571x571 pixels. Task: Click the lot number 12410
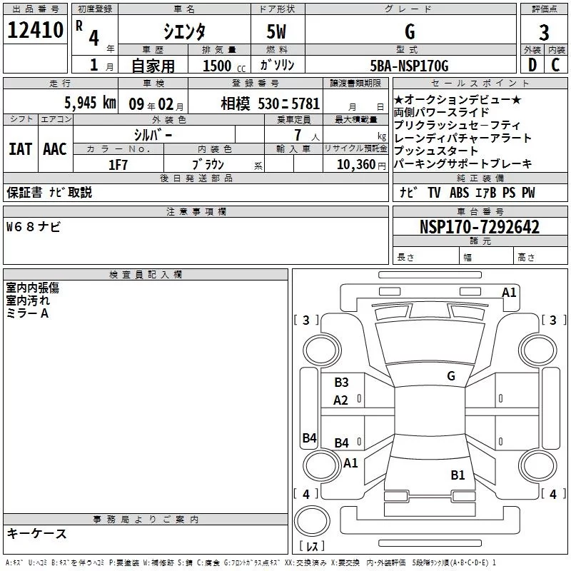pyautogui.click(x=35, y=30)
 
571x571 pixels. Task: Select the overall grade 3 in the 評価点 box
pyautogui.click(x=544, y=32)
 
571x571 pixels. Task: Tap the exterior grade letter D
pyautogui.click(x=532, y=65)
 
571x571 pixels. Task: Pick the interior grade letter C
pyautogui.click(x=555, y=65)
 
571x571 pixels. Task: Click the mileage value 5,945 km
pyautogui.click(x=90, y=103)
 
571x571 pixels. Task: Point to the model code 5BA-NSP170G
pyautogui.click(x=409, y=66)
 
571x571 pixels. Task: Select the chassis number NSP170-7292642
pyautogui.click(x=479, y=227)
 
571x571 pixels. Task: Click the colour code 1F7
pyautogui.click(x=118, y=165)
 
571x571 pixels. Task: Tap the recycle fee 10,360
pyautogui.click(x=355, y=165)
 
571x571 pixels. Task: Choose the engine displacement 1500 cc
pyautogui.click(x=224, y=66)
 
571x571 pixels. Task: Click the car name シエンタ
pyautogui.click(x=184, y=31)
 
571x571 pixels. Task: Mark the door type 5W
pyautogui.click(x=276, y=31)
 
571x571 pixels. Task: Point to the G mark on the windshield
pyautogui.click(x=451, y=376)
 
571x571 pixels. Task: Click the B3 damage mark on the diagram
pyautogui.click(x=341, y=383)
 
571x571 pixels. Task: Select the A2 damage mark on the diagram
pyautogui.click(x=340, y=400)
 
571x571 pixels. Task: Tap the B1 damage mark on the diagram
pyautogui.click(x=458, y=475)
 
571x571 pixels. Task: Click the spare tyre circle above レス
pyautogui.click(x=312, y=521)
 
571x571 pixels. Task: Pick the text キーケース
pyautogui.click(x=36, y=534)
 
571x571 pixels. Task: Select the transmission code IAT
pyautogui.click(x=20, y=149)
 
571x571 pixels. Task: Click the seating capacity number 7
pyautogui.click(x=298, y=135)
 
